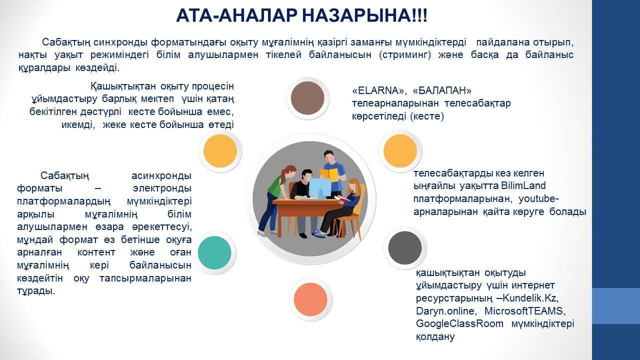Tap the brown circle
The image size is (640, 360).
pos(307,98)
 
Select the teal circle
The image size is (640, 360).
pos(214,253)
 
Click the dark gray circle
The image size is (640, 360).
pos(405,248)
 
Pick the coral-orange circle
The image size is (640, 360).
pos(310,299)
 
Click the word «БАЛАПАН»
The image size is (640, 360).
pos(442,90)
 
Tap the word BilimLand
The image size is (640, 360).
pos(523,185)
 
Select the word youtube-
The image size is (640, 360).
pos(538,199)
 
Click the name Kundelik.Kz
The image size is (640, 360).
pos(530,298)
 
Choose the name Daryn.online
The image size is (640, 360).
pos(446,311)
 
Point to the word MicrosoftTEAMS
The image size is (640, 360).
pos(525,311)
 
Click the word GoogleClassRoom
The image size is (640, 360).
pos(459,323)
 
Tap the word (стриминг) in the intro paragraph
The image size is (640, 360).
pos(405,55)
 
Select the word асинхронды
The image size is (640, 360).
pos(161,175)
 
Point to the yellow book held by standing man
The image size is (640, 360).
pos(329,174)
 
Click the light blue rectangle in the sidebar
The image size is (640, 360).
pos(616,305)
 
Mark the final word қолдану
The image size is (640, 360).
pos(435,337)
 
